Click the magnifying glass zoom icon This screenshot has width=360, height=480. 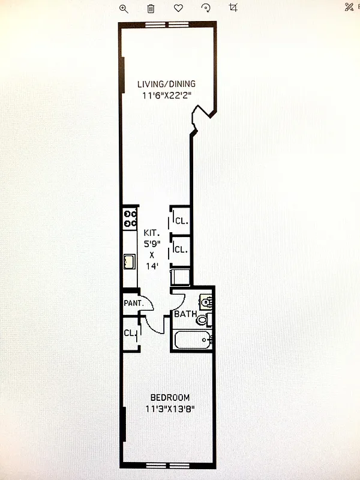pyautogui.click(x=124, y=8)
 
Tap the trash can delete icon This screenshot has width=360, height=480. pyautogui.click(x=151, y=8)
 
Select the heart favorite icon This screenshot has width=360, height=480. pyautogui.click(x=178, y=8)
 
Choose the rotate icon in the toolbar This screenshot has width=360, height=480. pyautogui.click(x=206, y=8)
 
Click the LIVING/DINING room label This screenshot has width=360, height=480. pyautogui.click(x=166, y=84)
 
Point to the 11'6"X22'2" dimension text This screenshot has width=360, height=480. pyautogui.click(x=166, y=95)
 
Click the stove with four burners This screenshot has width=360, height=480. pyautogui.click(x=130, y=218)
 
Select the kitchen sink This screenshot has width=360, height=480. pyautogui.click(x=129, y=261)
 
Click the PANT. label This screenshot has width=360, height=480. pyautogui.click(x=133, y=304)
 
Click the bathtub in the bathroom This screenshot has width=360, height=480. pyautogui.click(x=191, y=340)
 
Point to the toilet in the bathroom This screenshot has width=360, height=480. pyautogui.click(x=203, y=319)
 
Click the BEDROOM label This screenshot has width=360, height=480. pyautogui.click(x=170, y=398)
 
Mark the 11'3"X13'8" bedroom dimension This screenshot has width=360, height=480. pyautogui.click(x=170, y=409)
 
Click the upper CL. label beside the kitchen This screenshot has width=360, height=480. pyautogui.click(x=181, y=221)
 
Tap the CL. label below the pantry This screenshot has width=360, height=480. pyautogui.click(x=130, y=333)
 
